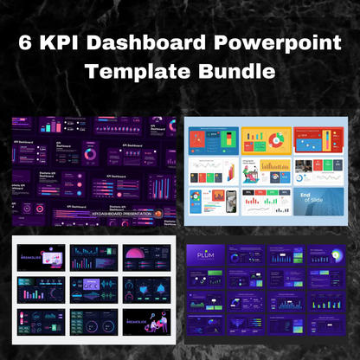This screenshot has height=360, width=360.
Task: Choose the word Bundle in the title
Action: point(231,69)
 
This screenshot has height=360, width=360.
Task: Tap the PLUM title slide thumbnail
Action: point(207,256)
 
